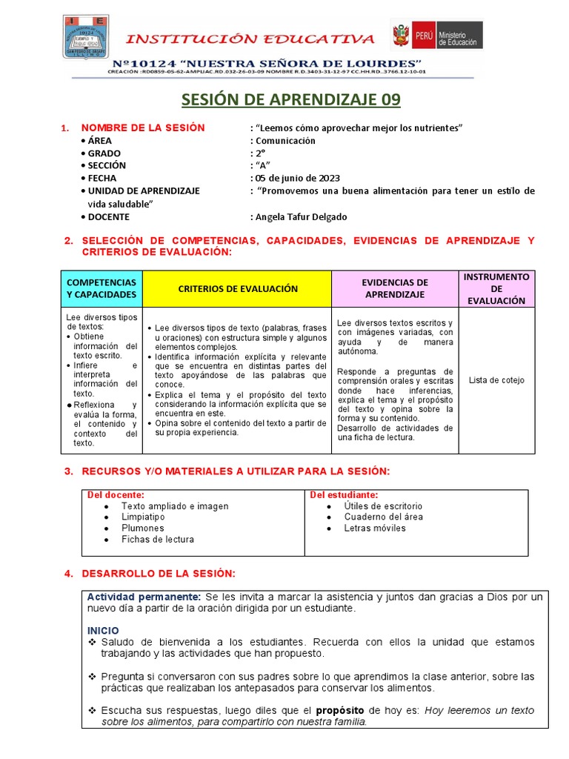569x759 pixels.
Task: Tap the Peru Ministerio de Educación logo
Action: (436, 35)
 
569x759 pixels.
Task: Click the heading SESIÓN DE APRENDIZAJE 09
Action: (284, 100)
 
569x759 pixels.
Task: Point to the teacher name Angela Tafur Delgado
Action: (301, 216)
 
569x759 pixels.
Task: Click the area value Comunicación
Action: (285, 141)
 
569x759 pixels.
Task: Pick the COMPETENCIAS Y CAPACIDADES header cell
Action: (102, 288)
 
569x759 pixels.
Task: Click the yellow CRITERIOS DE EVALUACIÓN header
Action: (237, 288)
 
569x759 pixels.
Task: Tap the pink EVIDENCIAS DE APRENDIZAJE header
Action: (395, 288)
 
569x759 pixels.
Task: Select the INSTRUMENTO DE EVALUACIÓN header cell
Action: (496, 288)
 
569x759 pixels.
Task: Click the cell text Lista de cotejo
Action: (496, 380)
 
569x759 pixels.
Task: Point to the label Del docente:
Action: (116, 494)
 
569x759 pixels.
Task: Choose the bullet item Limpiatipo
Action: (143, 517)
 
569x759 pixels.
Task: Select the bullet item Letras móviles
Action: (375, 528)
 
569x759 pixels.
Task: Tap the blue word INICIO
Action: (103, 630)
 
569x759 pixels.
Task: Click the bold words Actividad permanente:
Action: (144, 597)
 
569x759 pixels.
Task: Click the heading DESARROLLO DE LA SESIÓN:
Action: (158, 574)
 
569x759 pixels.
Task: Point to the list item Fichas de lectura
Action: (158, 540)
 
